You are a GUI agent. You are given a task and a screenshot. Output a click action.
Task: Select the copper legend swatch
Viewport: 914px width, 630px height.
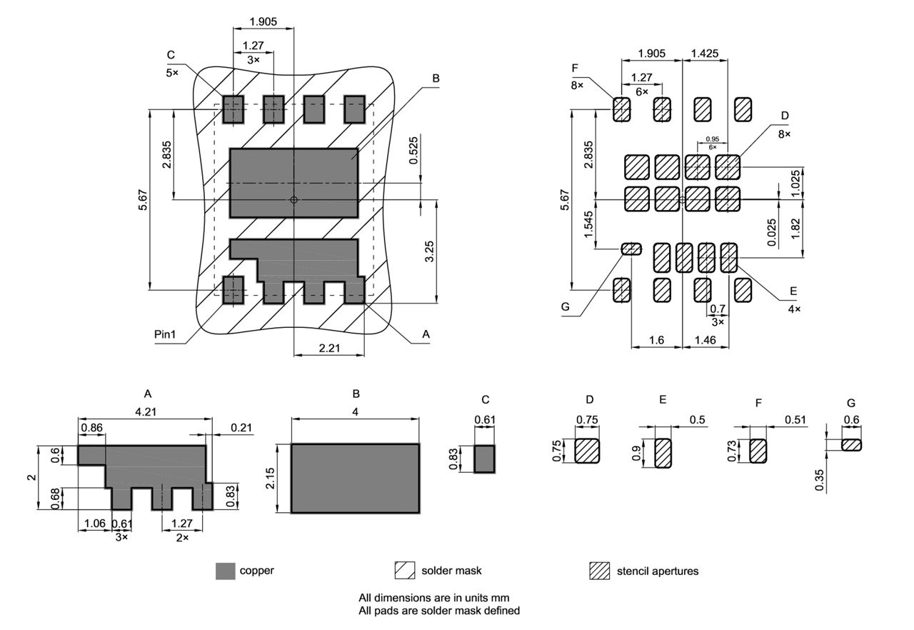coord(225,571)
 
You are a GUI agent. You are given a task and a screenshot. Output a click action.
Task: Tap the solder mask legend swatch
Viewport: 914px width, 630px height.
coord(405,571)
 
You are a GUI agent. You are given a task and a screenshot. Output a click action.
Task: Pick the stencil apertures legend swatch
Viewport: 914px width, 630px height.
coord(599,571)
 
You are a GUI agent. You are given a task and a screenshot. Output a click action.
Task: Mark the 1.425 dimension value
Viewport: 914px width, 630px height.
coord(705,53)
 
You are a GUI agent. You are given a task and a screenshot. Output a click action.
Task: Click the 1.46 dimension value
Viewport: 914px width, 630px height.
coord(705,341)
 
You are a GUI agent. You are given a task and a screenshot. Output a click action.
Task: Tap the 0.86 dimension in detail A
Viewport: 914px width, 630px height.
coord(91,427)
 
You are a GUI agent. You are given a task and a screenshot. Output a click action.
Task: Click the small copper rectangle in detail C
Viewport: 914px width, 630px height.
coord(484,458)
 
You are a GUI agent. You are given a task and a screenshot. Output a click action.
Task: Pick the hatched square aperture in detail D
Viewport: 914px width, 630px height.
coord(587,451)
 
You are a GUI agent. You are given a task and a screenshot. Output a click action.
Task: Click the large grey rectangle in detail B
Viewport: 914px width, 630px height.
coord(355,478)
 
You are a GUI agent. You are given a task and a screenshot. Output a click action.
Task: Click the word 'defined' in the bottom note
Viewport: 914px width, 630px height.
coord(501,611)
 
